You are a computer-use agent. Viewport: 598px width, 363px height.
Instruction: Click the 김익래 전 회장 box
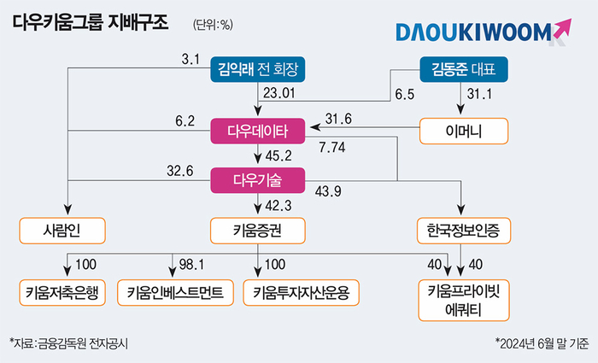(258, 69)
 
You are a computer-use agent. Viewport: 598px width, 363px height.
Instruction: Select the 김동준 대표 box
(464, 69)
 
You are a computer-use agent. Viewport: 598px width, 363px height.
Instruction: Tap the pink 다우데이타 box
(258, 132)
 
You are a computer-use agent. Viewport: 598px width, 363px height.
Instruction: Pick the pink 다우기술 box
(258, 180)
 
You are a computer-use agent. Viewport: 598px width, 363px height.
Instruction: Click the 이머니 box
(464, 132)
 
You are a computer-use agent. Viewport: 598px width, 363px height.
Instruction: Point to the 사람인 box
(62, 231)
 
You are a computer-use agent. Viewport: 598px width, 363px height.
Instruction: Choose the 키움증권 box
(258, 231)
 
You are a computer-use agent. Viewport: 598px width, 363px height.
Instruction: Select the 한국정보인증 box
(464, 231)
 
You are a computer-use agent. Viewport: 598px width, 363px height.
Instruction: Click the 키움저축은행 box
(62, 293)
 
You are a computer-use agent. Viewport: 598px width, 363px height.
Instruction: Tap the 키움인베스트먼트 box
(175, 293)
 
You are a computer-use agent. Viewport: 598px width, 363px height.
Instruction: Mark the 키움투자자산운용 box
(302, 293)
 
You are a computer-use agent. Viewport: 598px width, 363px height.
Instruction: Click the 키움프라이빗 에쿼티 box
(464, 301)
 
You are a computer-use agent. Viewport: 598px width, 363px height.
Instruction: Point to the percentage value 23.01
(279, 93)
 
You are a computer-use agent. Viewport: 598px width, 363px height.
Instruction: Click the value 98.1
(191, 264)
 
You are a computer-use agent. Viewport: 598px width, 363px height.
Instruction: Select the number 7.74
(332, 147)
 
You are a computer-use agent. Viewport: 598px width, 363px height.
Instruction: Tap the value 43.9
(328, 191)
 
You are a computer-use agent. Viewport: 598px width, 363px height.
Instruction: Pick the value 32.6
(180, 171)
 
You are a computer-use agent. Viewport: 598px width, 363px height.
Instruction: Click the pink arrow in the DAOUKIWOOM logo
(561, 28)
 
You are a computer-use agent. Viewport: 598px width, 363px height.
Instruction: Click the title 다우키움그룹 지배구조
(91, 23)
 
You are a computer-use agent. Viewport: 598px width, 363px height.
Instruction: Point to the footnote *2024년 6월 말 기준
(542, 343)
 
